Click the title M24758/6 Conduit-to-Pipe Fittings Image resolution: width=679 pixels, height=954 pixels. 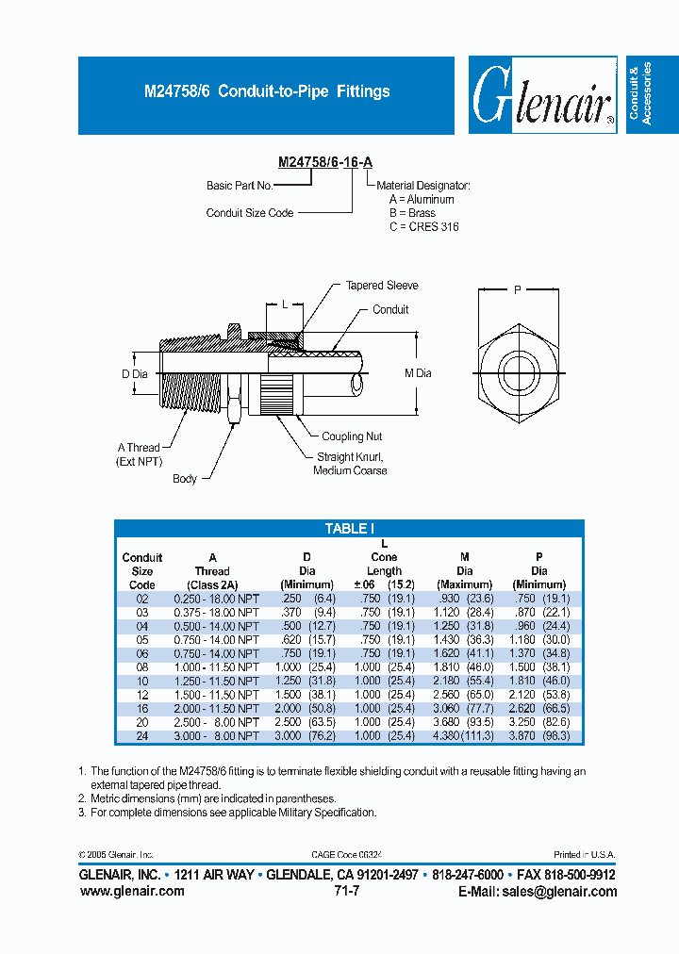point(266,91)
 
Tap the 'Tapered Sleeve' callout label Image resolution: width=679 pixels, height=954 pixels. point(381,286)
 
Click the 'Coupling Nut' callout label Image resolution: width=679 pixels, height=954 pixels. point(352,436)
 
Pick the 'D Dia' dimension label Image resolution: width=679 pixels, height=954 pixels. point(135,374)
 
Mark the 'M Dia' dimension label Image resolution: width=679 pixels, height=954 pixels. point(418,373)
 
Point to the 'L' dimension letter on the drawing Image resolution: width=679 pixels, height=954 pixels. point(285,304)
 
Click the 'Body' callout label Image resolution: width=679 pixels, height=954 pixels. point(185,479)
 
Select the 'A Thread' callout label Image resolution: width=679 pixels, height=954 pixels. point(139,448)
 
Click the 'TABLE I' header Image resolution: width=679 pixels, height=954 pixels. point(349,529)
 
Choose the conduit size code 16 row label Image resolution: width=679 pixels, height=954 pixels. point(142,707)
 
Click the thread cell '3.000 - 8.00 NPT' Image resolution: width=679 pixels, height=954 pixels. point(216,735)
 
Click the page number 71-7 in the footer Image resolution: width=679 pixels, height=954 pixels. point(346,891)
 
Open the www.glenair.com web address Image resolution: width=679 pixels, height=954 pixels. point(132,892)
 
